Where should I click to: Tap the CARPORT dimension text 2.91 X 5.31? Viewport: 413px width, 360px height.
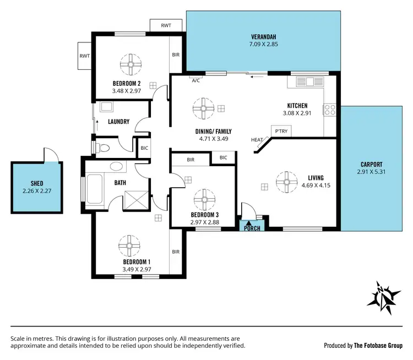pyautogui.click(x=369, y=172)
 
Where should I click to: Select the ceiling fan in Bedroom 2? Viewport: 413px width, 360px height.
pyautogui.click(x=131, y=64)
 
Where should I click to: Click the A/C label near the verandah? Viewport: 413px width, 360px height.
pyautogui.click(x=195, y=80)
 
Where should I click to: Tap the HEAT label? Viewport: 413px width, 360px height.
pyautogui.click(x=257, y=140)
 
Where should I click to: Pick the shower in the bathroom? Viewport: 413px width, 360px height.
pyautogui.click(x=135, y=198)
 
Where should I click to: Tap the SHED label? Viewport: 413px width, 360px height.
pyautogui.click(x=36, y=184)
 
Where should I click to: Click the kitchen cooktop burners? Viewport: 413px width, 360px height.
pyautogui.click(x=330, y=110)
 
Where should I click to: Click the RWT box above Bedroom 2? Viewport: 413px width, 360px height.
pyautogui.click(x=166, y=26)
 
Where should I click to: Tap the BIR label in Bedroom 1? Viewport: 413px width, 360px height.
pyautogui.click(x=176, y=252)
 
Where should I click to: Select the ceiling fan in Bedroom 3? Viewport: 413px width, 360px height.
pyautogui.click(x=204, y=197)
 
